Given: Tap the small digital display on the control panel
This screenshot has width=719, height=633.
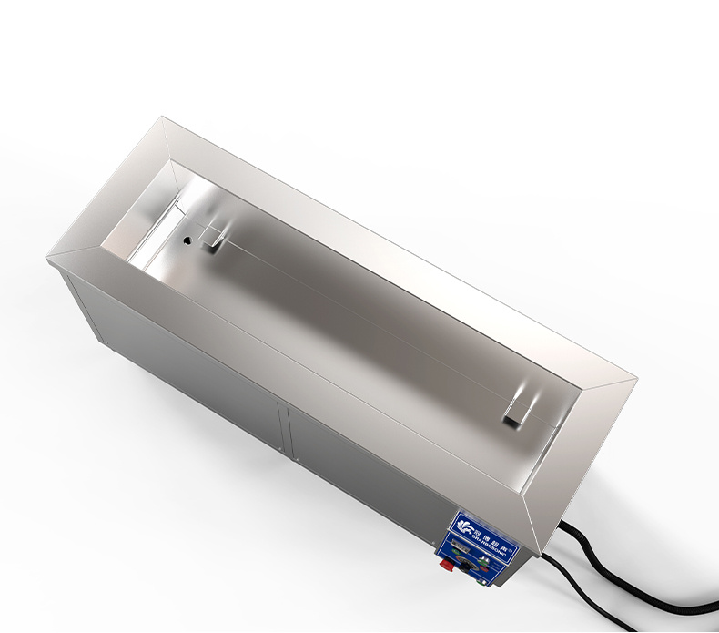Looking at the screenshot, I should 461,546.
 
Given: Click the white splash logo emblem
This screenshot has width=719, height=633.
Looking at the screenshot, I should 464,526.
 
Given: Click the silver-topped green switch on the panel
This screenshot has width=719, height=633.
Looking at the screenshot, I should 483,561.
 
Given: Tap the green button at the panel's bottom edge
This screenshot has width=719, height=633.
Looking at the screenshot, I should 481,582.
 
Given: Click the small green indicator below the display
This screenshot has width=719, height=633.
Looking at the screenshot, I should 456,552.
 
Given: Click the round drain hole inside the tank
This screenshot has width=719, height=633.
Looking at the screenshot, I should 187,241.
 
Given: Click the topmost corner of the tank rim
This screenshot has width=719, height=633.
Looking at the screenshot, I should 162,117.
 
